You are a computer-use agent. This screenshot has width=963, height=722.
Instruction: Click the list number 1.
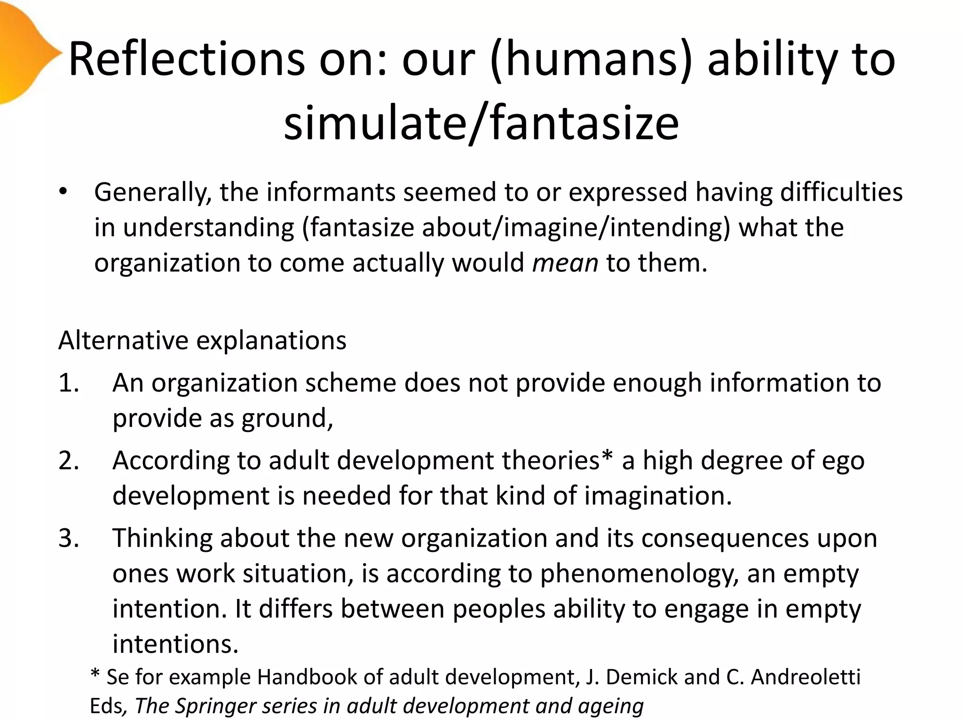(x=69, y=383)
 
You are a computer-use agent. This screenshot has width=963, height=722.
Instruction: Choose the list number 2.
(x=69, y=460)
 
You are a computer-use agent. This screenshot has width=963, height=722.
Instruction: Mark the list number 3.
(x=69, y=538)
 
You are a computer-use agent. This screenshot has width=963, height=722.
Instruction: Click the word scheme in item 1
(x=351, y=383)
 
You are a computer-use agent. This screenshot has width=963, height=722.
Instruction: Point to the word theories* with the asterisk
(x=557, y=460)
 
